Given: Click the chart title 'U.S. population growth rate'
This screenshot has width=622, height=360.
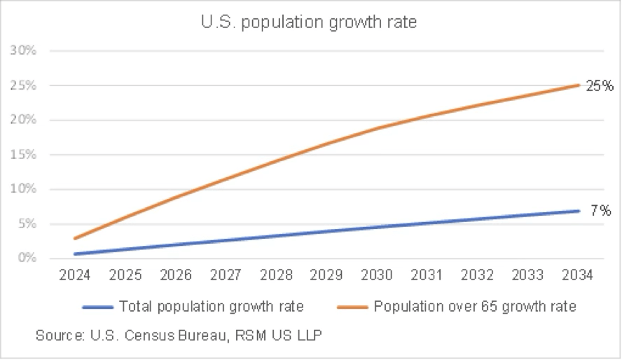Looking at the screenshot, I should coord(308,22).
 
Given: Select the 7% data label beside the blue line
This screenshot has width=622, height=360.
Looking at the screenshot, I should coord(600,210).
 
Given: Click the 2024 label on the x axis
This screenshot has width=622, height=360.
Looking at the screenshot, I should coord(74,275).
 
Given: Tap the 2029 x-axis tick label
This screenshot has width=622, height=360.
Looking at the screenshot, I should coord(326,275).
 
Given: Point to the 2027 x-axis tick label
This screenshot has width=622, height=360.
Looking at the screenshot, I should coord(226,275).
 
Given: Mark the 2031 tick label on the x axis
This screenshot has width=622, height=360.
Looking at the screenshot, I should coord(427,275).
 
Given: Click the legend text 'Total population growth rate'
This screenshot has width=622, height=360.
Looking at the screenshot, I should coord(211,306).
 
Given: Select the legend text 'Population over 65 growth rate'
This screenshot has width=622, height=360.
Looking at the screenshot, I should coord(475,306).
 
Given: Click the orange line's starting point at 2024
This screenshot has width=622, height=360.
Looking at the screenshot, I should coord(75,238).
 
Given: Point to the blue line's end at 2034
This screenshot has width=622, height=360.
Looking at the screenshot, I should coord(579,211).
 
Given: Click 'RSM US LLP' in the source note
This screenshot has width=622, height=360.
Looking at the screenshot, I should coord(287,335).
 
